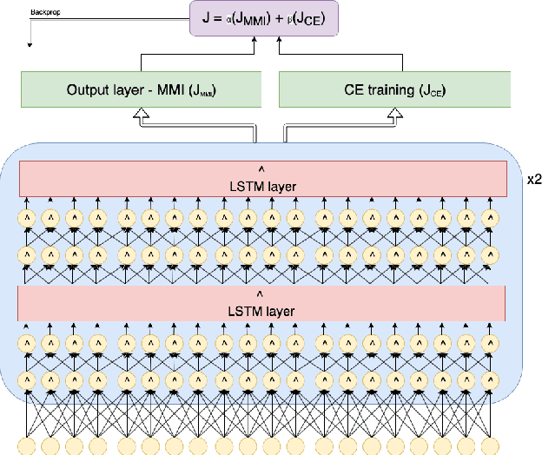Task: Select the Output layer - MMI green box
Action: (140, 89)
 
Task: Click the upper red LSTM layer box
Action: (261, 178)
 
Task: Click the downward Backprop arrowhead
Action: (30, 43)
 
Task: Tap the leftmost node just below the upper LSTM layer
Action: (28, 215)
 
